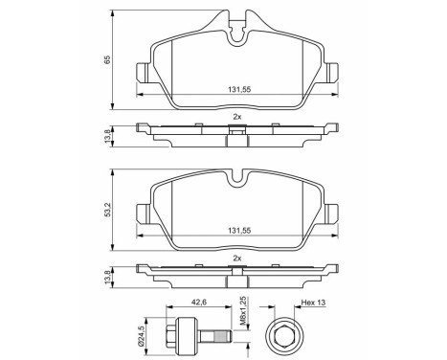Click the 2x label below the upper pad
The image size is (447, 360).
click(236, 116)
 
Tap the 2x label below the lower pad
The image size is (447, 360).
click(236, 258)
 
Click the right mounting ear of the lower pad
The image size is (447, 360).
click(331, 214)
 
